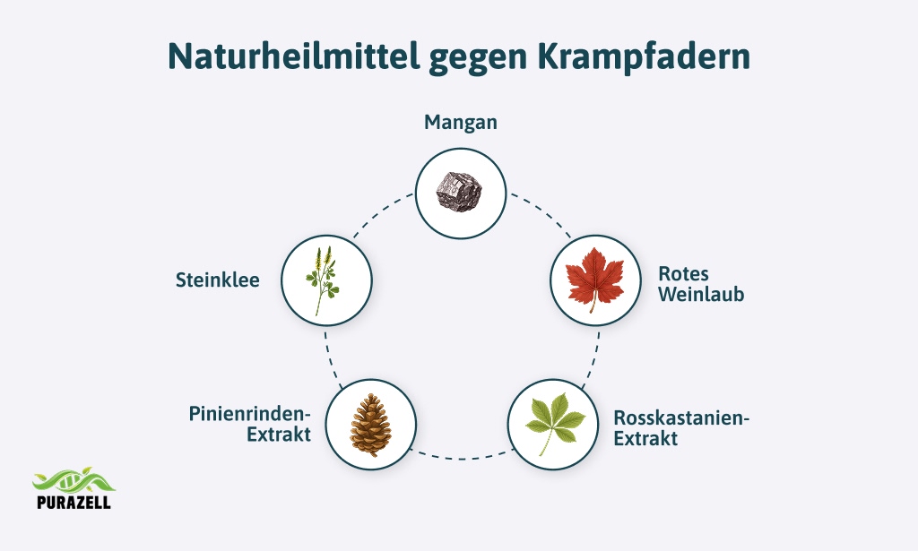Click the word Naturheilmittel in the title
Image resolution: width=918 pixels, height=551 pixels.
pos(294,56)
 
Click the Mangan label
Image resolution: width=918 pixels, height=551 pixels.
pos(461,122)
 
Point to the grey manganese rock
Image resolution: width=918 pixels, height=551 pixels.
pos(460,192)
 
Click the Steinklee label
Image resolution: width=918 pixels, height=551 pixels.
pos(218,280)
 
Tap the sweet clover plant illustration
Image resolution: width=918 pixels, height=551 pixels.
pos(322,280)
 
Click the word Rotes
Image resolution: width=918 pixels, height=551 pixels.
pos(683,274)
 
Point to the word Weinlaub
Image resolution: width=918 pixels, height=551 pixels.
pos(701,294)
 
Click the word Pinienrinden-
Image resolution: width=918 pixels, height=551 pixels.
pos(249,414)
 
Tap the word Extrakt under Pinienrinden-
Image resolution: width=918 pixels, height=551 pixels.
pos(279,435)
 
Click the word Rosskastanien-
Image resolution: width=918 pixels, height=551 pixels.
pos(681,418)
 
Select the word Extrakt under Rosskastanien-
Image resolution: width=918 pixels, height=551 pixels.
pos(645,439)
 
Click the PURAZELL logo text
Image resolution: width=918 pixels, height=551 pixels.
pos(74,502)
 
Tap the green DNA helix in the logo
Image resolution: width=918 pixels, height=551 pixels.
pos(74,480)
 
